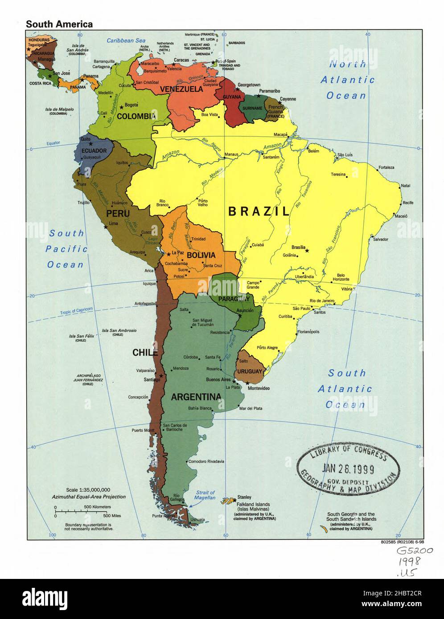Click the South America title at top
(x=59, y=24)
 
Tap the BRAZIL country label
(x=259, y=212)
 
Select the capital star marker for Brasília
(x=307, y=251)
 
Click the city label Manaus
(x=231, y=155)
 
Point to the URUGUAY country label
(x=249, y=371)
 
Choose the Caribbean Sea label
(x=126, y=41)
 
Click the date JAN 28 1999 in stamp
(x=348, y=468)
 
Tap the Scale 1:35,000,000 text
(x=88, y=490)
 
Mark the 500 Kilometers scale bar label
(x=97, y=507)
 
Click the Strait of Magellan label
(x=206, y=495)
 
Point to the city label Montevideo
(x=259, y=388)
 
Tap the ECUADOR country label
(x=94, y=151)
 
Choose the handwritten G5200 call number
(x=414, y=551)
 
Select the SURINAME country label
(x=252, y=108)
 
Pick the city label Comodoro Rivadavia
(x=206, y=462)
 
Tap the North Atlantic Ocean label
(x=347, y=80)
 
